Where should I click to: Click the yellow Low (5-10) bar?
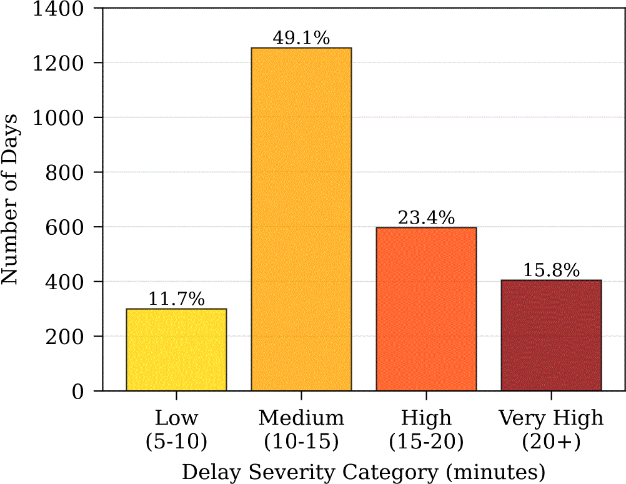click(176, 350)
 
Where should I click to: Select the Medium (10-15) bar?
click(301, 219)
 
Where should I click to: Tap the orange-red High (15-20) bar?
click(426, 309)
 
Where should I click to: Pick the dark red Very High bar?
click(552, 335)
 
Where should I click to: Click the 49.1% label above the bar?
click(301, 38)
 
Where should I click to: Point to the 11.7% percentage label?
click(176, 299)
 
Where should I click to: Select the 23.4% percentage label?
click(426, 218)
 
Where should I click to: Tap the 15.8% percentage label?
click(552, 270)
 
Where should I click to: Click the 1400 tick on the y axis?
click(58, 9)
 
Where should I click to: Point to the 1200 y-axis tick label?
click(58, 62)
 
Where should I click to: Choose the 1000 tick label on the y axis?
click(58, 117)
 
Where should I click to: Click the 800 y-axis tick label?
click(64, 172)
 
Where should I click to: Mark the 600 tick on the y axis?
click(64, 227)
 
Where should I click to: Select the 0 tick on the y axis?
click(78, 391)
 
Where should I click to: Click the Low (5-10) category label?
click(176, 429)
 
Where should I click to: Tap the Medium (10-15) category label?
click(301, 429)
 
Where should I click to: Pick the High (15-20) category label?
click(426, 429)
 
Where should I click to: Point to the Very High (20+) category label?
click(552, 429)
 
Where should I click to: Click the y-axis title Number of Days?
click(9, 199)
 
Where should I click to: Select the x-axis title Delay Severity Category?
click(311, 472)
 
